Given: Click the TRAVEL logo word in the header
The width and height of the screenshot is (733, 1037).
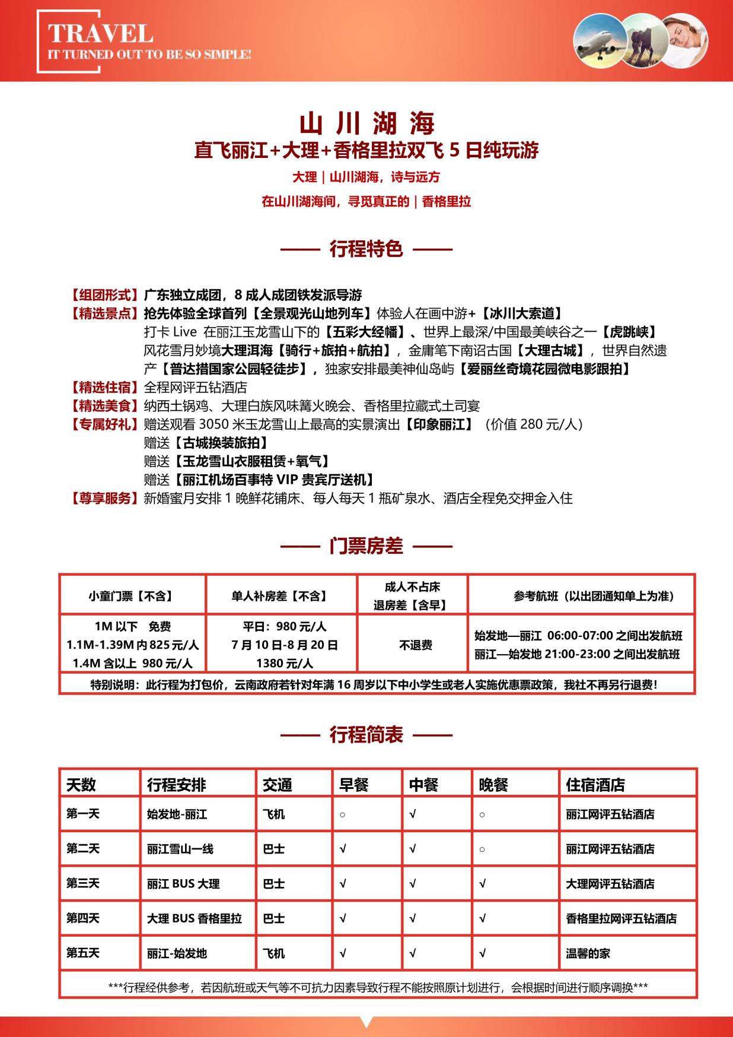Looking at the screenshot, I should click(100, 33).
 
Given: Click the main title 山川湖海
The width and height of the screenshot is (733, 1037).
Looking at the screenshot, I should click(366, 123).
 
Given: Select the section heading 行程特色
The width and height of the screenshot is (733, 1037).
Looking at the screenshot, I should click(366, 249).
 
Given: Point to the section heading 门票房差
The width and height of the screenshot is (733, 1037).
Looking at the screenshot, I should click(366, 546).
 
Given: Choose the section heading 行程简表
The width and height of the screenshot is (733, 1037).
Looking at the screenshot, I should click(366, 735).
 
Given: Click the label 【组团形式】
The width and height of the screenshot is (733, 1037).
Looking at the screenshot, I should click(104, 295).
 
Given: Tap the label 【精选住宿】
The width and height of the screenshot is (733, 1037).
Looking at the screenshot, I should click(104, 388).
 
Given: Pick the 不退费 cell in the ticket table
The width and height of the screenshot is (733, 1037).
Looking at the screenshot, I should click(415, 645).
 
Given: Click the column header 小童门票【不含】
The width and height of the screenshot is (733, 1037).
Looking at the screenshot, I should click(131, 596).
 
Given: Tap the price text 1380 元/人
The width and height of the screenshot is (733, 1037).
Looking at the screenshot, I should click(285, 663).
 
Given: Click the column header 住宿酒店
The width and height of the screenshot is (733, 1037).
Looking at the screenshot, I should click(595, 785).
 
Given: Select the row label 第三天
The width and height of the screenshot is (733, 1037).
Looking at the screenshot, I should click(83, 883).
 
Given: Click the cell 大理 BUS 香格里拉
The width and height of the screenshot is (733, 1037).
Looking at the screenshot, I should click(195, 918).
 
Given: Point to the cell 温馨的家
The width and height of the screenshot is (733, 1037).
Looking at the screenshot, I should click(588, 953).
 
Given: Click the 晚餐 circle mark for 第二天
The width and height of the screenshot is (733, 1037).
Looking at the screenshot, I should click(482, 849).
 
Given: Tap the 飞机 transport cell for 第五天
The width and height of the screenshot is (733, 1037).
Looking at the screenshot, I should click(273, 953).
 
